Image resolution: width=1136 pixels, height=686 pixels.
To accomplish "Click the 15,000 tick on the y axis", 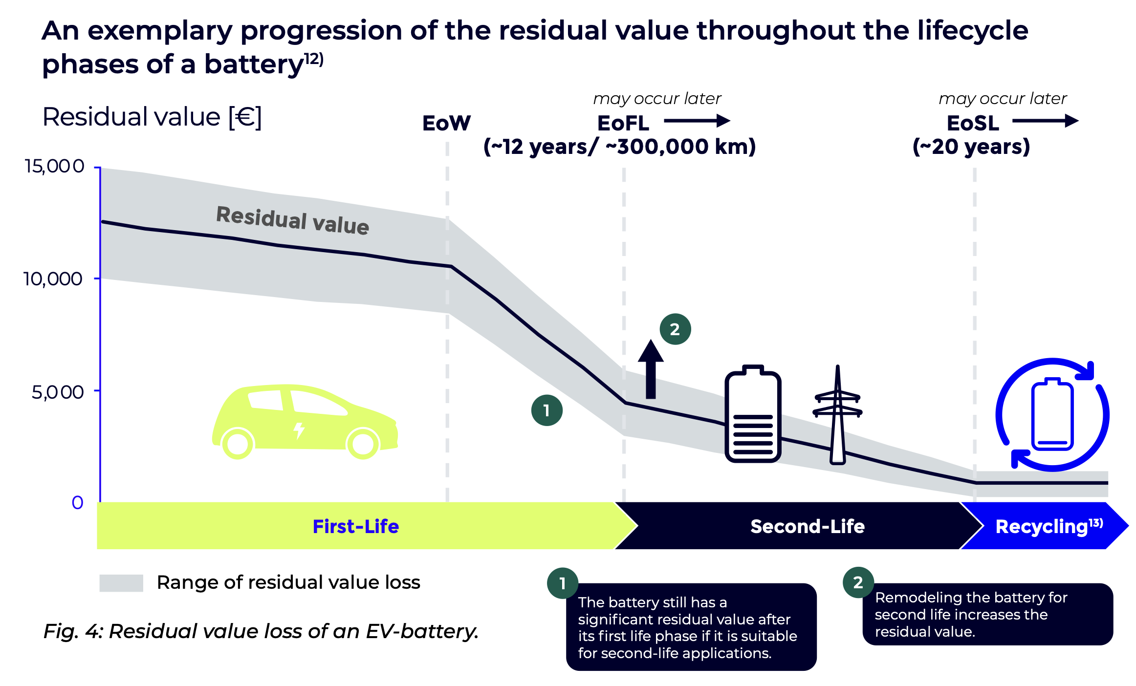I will [x=54, y=167].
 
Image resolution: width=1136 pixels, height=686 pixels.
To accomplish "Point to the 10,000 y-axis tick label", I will [x=53, y=279].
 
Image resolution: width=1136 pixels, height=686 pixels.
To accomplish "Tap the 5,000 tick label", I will [x=58, y=392].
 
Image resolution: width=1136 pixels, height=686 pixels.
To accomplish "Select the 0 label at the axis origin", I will [x=78, y=503].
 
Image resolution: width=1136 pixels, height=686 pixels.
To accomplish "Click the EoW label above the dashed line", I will [x=446, y=123].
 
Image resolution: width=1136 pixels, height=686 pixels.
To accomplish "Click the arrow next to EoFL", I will [x=697, y=121].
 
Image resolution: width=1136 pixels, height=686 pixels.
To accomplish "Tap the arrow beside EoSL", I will [x=1046, y=121].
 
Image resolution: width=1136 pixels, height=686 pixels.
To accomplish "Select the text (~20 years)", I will [x=971, y=147].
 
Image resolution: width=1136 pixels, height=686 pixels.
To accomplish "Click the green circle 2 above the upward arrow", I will [x=675, y=329].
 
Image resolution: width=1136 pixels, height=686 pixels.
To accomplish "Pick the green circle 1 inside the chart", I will [x=546, y=410].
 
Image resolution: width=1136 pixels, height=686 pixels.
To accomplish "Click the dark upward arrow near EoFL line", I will [x=651, y=369].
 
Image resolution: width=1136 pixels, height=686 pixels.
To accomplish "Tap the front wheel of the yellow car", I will [x=363, y=444].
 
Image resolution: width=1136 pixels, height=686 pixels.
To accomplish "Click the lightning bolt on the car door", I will [x=299, y=430].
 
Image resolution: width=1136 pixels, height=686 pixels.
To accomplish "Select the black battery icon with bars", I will [x=753, y=414].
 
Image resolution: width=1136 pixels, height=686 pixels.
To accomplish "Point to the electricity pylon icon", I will [x=837, y=415].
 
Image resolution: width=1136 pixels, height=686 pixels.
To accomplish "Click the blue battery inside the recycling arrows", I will [x=1052, y=414].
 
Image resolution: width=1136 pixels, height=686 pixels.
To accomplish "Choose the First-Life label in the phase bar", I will [x=356, y=526].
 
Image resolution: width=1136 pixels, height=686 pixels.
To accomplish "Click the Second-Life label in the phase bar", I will [x=808, y=526].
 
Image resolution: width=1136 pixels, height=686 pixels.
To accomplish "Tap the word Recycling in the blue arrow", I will [x=1042, y=527].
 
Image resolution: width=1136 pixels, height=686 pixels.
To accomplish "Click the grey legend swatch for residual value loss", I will [x=121, y=583].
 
